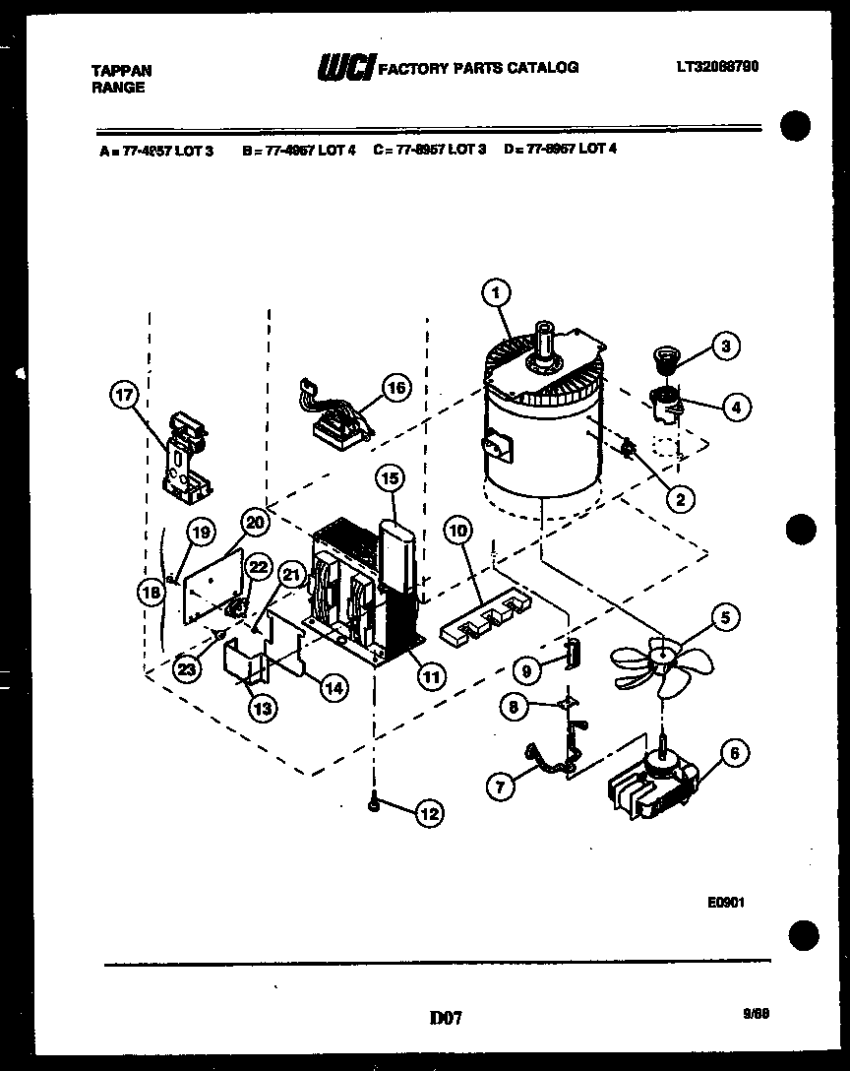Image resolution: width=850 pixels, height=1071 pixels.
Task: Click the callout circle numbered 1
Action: click(497, 292)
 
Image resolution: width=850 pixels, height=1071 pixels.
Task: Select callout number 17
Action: click(125, 396)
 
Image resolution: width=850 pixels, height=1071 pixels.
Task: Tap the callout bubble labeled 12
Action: click(430, 813)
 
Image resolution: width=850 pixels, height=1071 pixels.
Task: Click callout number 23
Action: click(187, 667)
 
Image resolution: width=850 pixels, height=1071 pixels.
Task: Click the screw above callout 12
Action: click(375, 803)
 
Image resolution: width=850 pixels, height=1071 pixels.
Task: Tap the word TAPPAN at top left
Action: click(121, 71)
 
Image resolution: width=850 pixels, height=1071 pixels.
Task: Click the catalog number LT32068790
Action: click(717, 67)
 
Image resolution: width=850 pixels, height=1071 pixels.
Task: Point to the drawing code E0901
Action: click(723, 900)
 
